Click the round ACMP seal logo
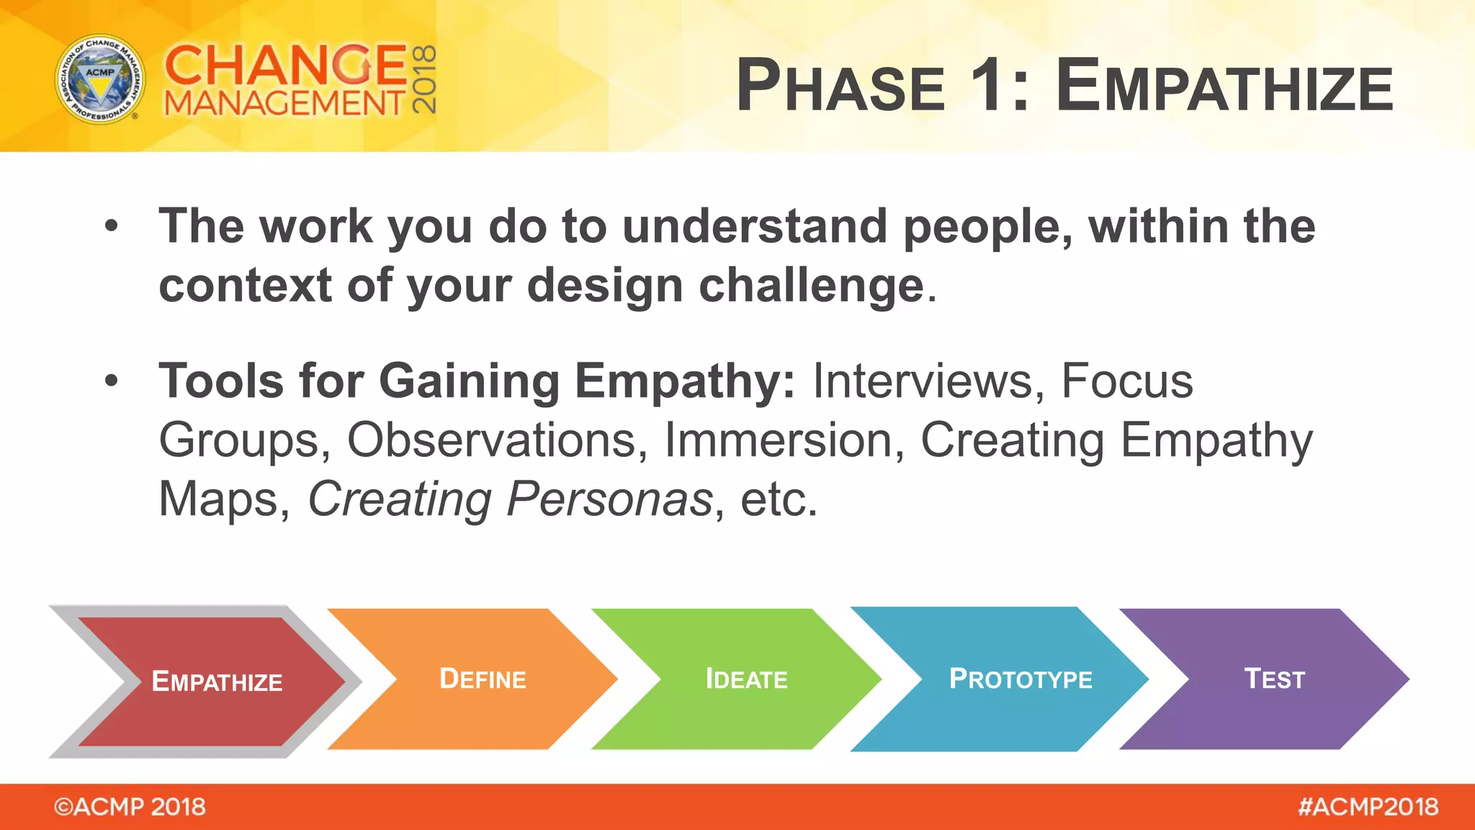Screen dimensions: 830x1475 (100, 79)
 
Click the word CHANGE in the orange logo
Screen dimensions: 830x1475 (286, 65)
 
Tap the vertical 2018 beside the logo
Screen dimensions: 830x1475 (425, 79)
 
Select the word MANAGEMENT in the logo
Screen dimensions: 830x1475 (284, 104)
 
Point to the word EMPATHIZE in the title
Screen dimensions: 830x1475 (1224, 86)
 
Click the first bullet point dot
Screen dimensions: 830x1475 (111, 226)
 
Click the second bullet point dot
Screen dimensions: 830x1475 (111, 380)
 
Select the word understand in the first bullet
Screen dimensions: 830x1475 (754, 226)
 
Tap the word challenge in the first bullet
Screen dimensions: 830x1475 (812, 285)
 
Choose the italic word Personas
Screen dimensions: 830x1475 (609, 499)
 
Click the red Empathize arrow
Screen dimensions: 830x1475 (216, 681)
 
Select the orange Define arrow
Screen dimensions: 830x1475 (483, 679)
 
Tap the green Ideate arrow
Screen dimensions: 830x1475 (746, 679)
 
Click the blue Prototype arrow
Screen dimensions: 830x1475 (1020, 679)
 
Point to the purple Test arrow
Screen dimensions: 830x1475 (1273, 679)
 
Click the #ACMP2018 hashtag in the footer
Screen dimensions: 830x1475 (1367, 806)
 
